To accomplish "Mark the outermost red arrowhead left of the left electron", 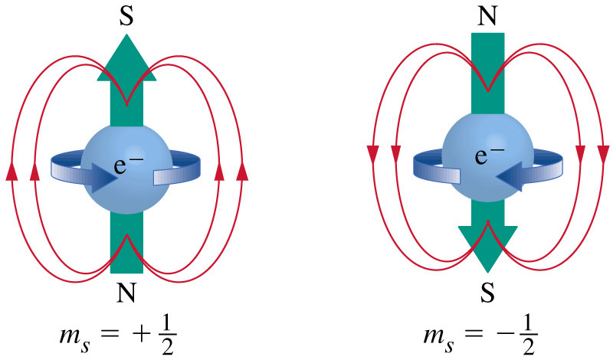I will tap(11, 173).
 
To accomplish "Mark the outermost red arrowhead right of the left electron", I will tap(243, 173).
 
